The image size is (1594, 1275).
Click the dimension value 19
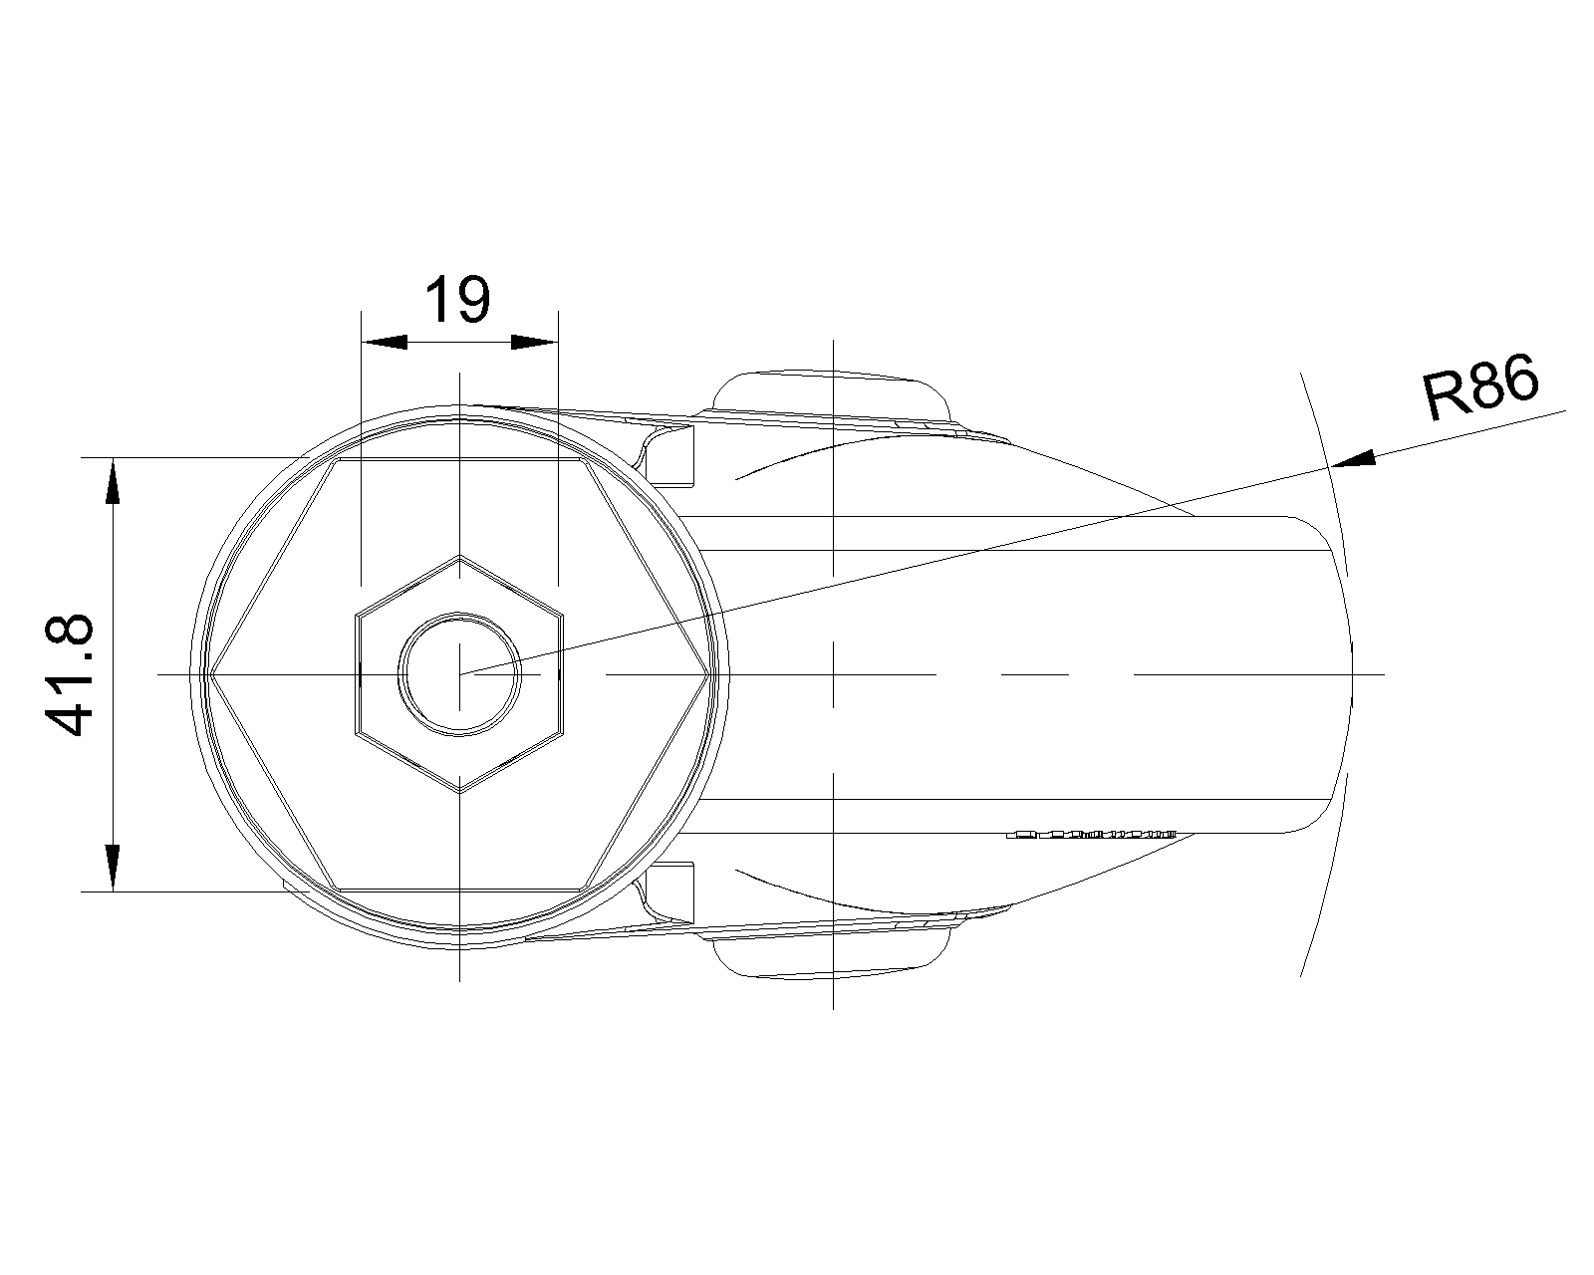tap(457, 299)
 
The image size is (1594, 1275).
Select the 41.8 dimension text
tap(69, 675)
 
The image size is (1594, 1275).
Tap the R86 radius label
tap(1480, 387)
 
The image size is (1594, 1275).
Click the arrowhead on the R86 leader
tap(1353, 459)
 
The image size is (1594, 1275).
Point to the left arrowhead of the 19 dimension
tap(384, 343)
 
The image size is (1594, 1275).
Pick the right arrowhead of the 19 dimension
tap(535, 343)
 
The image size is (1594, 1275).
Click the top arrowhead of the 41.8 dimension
tap(113, 481)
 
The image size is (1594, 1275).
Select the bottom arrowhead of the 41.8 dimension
tap(113, 868)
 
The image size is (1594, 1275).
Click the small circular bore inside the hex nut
tap(460, 674)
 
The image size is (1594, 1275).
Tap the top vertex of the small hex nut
tap(460, 555)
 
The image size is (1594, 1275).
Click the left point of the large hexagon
tap(210, 674)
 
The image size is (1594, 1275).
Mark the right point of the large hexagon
tap(709, 674)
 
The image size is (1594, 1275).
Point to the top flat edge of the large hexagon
tap(460, 459)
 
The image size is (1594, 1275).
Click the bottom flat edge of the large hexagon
tap(460, 890)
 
